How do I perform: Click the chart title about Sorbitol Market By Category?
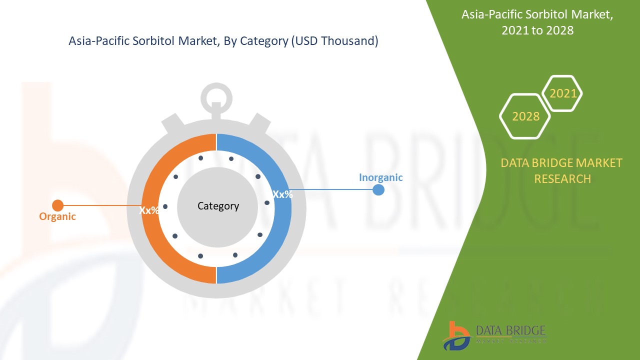223,41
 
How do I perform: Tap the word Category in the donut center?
218,206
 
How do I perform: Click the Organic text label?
57,216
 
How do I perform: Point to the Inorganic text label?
380,177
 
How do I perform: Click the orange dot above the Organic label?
58,205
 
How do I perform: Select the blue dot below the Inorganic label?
378,190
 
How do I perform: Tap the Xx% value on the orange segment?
149,210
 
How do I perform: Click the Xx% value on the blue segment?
282,194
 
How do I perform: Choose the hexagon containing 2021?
562,93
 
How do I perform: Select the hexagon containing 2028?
525,116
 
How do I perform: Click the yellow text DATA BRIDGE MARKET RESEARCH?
561,170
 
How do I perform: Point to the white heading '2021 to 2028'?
537,30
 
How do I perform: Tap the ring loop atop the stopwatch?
216,96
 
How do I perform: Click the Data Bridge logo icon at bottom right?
456,335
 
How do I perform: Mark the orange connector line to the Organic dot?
100,205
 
